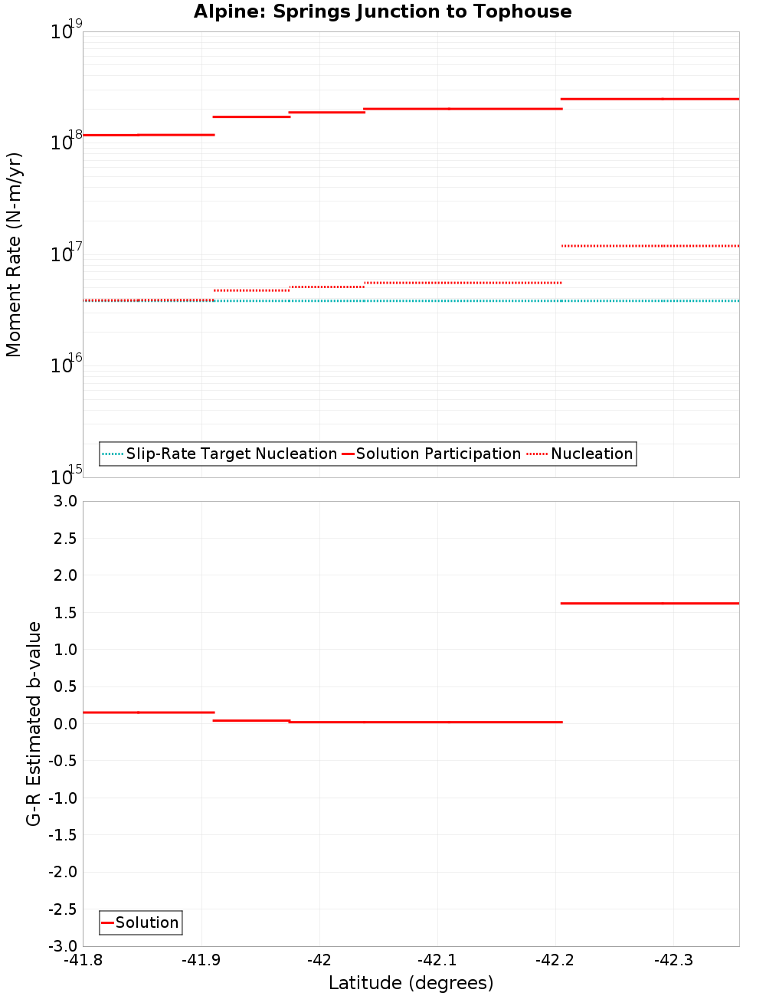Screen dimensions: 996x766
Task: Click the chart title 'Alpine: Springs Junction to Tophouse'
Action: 382,11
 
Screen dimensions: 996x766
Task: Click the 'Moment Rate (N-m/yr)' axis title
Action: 14,254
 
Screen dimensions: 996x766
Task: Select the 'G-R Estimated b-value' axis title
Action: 34,723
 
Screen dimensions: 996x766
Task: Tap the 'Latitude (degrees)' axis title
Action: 411,983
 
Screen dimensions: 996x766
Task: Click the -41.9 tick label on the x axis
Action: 201,960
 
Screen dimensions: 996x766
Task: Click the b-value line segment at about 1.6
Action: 650,603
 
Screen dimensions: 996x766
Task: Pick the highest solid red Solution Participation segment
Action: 650,99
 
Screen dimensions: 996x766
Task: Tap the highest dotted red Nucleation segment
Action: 650,246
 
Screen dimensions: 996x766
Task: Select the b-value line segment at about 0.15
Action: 148,713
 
